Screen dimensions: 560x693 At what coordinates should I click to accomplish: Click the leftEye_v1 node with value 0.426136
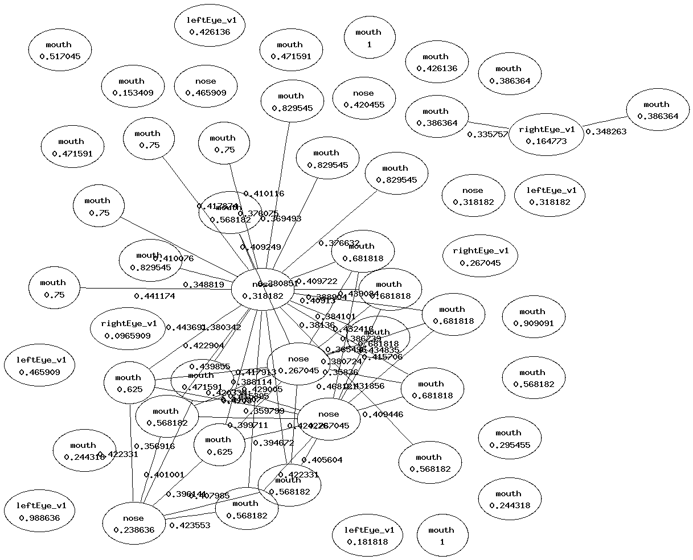coord(210,26)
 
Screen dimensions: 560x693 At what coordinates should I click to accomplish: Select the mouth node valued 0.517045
coord(59,51)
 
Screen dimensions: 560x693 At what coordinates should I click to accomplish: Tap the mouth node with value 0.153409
coord(132,87)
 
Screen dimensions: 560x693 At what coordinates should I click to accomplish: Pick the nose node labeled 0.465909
coord(206,87)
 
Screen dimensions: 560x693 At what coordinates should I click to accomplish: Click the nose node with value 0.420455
coord(363,98)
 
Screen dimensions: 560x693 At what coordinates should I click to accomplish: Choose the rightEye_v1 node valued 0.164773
coord(546,135)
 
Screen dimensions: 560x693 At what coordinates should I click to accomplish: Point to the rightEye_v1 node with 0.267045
coord(481,256)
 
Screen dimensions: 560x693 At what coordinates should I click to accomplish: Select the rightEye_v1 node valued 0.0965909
coord(128,330)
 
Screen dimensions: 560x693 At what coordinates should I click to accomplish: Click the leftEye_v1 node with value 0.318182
coord(550,196)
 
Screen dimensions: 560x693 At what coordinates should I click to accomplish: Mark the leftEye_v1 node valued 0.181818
coord(367,536)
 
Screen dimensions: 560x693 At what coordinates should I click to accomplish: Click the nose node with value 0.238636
coord(133,524)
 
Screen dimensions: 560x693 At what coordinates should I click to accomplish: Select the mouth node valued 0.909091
coord(532,318)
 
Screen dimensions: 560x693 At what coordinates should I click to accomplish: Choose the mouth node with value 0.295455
coord(509,439)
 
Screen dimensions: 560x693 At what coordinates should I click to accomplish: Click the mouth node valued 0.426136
coord(436,63)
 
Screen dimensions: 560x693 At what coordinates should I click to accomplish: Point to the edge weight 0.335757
coord(487,135)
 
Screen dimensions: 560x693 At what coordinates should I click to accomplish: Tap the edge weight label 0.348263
coord(606,131)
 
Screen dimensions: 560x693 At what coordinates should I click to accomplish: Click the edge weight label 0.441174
coord(154,296)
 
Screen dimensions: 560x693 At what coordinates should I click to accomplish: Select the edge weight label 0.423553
coord(190,525)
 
